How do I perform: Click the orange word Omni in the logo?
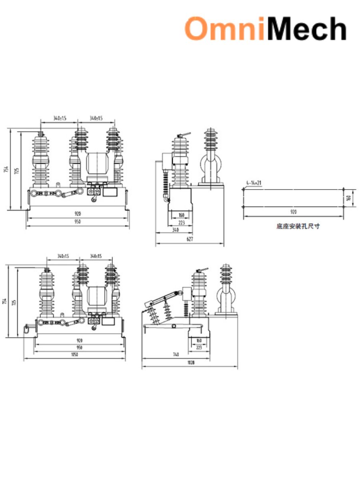(x=224, y=29)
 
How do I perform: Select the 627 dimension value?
(x=190, y=239)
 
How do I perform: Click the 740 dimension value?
(x=176, y=354)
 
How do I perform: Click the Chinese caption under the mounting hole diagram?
(x=298, y=226)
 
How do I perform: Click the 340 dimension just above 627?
(x=175, y=230)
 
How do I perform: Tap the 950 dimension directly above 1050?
(x=79, y=348)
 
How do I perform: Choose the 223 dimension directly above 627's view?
(x=181, y=223)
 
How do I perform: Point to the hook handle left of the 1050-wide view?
(x=27, y=328)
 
